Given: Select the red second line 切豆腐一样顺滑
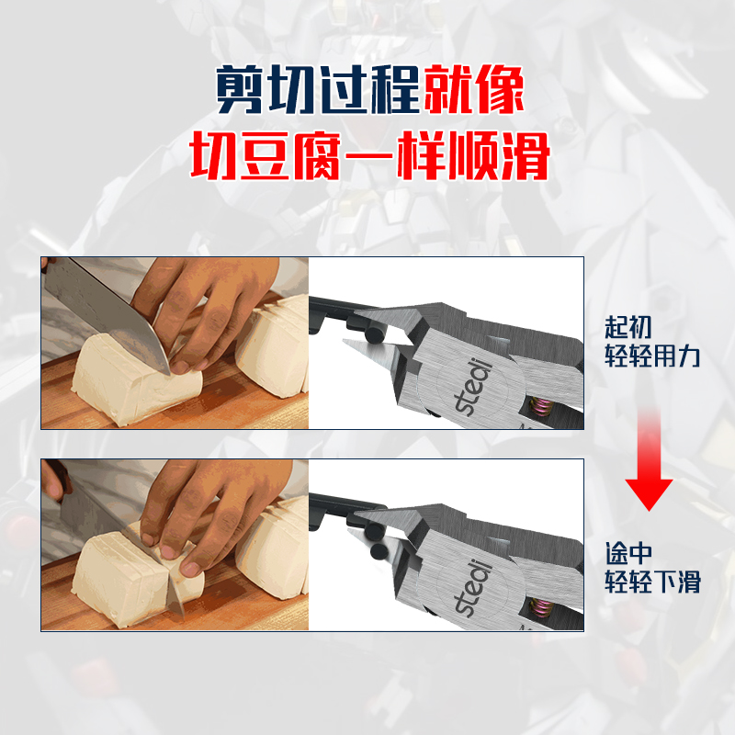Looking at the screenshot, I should click(x=367, y=157).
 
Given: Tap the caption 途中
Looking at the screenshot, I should click(x=628, y=553).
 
